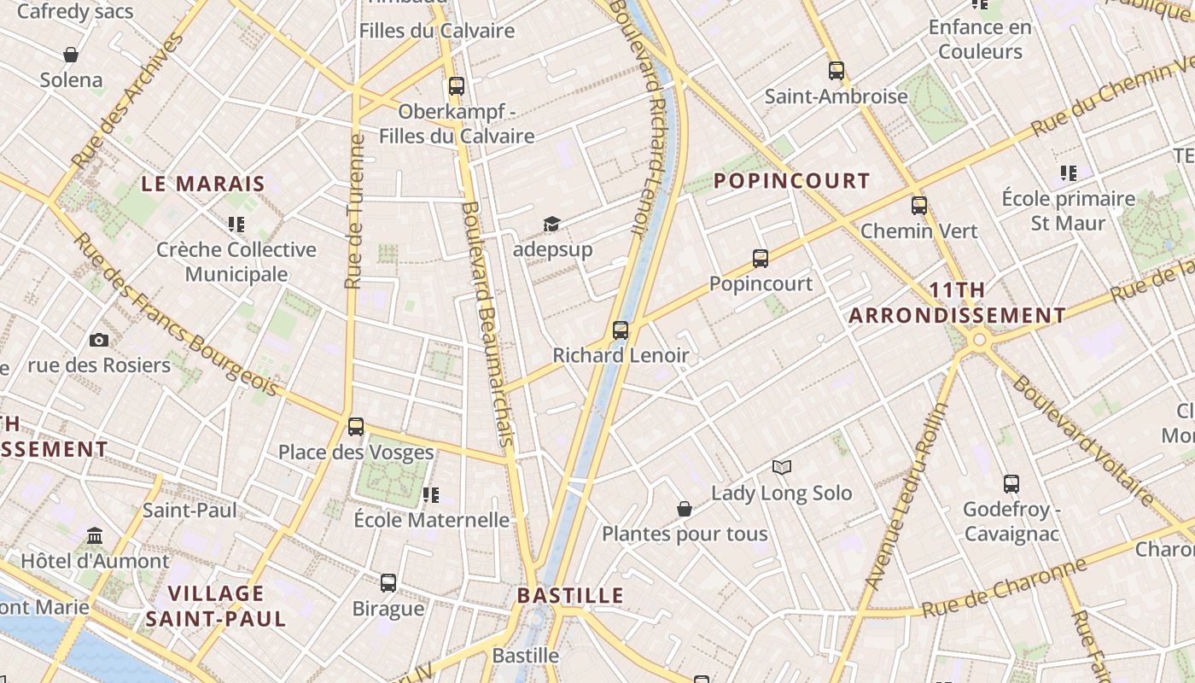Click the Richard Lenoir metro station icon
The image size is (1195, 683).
621,330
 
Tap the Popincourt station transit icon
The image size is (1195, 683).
761,258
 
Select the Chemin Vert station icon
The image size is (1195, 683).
919,205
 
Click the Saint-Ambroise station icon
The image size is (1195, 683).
836,71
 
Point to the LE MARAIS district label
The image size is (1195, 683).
203,184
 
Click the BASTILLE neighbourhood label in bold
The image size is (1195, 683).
570,595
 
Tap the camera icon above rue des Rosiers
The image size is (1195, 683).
99,340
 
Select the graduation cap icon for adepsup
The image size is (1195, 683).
552,225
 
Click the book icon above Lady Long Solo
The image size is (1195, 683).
782,467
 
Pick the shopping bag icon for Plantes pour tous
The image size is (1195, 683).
685,509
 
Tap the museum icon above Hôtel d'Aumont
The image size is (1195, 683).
96,536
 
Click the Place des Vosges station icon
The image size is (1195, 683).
356,426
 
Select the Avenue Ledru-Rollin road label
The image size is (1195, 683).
906,495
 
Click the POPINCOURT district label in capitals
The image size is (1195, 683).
791,181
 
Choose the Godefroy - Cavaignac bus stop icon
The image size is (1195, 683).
1011,484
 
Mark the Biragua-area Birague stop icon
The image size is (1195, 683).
388,583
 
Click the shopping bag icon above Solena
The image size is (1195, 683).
71,55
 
